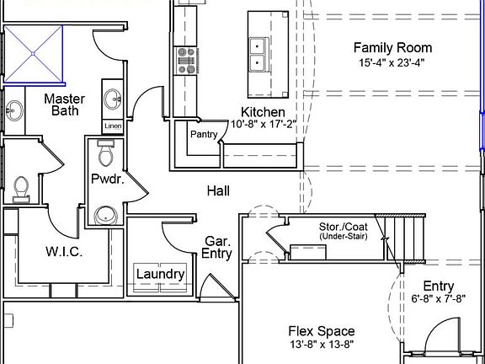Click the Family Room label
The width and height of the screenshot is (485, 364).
(x=392, y=48)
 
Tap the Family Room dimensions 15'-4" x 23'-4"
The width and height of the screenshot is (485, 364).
(x=392, y=63)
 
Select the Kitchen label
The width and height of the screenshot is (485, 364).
(x=263, y=112)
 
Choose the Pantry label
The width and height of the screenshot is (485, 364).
(x=204, y=134)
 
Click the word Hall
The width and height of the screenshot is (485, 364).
(x=218, y=191)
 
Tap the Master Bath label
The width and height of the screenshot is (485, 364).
(x=64, y=104)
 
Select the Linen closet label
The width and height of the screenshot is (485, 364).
(x=113, y=126)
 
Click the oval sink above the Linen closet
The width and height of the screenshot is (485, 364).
(x=113, y=100)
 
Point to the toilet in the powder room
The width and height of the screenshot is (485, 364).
(x=105, y=156)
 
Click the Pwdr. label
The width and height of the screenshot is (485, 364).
(x=107, y=179)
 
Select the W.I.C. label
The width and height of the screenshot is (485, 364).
(x=64, y=251)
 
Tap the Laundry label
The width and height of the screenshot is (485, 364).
(x=160, y=274)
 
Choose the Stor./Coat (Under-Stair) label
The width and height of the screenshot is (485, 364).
(x=344, y=232)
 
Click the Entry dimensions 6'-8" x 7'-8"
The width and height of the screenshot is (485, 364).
(x=438, y=299)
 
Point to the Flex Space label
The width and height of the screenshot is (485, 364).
(x=321, y=331)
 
